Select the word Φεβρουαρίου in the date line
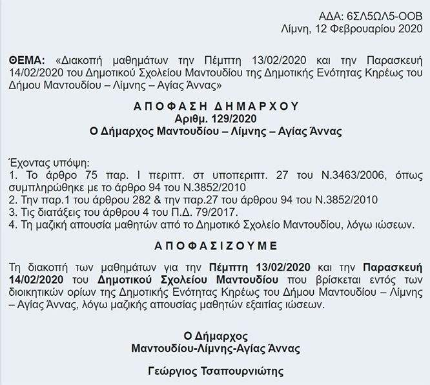(365, 28)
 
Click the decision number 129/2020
(236, 118)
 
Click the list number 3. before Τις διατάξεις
(14, 213)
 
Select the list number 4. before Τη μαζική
(14, 225)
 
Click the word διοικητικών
(41, 293)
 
